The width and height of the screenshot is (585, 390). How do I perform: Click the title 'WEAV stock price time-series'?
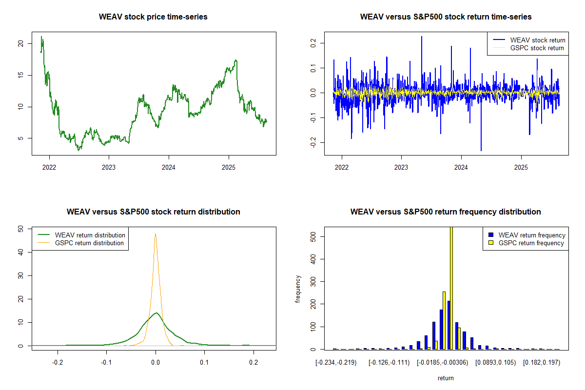153,17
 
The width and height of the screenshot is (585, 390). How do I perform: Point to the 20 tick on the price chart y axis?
20,43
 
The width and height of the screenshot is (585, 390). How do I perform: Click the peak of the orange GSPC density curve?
156,234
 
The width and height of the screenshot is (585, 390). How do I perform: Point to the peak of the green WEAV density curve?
156,313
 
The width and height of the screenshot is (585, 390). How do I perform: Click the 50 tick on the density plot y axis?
20,229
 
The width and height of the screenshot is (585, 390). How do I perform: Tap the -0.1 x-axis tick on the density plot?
107,363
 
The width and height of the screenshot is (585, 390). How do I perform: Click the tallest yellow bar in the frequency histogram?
451,288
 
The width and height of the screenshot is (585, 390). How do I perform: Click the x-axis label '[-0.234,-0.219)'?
336,363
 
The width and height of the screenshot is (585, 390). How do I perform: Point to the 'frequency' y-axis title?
298,289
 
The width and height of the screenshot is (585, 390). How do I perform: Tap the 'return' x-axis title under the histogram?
446,378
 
